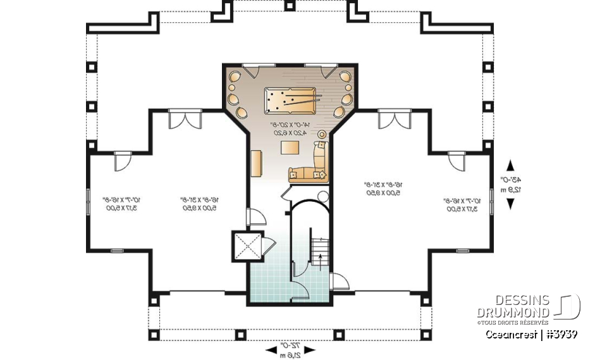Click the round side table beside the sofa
click(x=321, y=134)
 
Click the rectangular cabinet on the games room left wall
click(x=257, y=164)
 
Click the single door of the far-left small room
click(x=122, y=162)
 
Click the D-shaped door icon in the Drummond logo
click(x=568, y=307)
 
